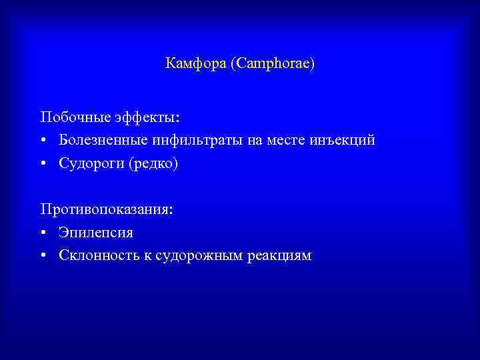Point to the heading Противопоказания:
point(107,209)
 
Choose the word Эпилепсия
point(96,233)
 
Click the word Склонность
point(95,256)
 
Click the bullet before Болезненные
point(43,141)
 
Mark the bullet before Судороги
point(43,164)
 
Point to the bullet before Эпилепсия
point(43,233)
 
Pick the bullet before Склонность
point(43,257)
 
